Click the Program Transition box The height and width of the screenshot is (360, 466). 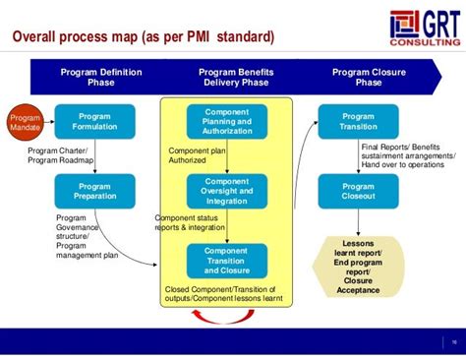coord(358,121)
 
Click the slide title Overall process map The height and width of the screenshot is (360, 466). coord(143,38)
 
